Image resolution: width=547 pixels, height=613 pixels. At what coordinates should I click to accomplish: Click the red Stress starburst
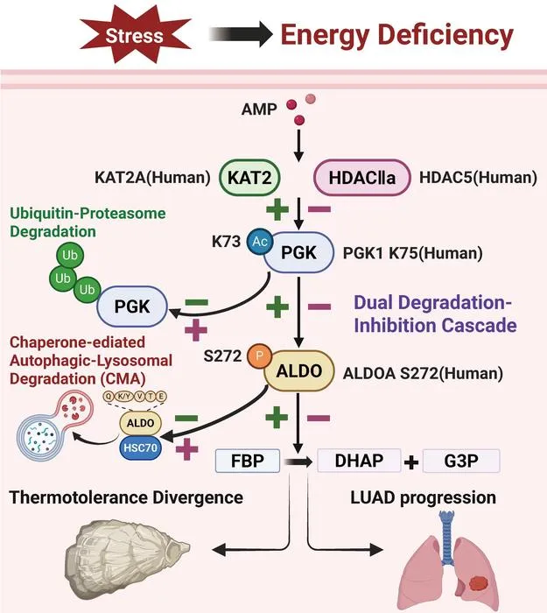pos(135,35)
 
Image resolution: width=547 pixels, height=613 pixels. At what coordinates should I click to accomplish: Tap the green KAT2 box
pos(249,178)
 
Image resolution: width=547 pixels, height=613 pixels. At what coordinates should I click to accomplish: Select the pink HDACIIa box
pos(362,178)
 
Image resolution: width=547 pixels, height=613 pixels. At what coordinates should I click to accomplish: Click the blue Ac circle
pos(259,242)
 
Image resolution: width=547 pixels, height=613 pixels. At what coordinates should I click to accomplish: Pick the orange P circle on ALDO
pos(259,356)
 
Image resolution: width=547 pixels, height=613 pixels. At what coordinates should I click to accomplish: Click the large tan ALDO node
pos(299,371)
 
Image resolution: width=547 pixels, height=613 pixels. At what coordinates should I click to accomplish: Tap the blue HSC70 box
pos(140,447)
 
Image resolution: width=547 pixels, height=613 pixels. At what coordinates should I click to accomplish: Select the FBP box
pos(248,461)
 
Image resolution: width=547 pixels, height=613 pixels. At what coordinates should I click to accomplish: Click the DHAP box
pos(359,461)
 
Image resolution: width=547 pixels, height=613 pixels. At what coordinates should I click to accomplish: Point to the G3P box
pos(461,461)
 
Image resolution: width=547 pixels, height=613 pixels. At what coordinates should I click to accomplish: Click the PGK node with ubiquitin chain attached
pos(132,306)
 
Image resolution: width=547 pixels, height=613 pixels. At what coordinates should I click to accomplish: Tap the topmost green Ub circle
pos(70,256)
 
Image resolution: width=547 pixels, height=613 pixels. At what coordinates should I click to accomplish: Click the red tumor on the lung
pos(479,584)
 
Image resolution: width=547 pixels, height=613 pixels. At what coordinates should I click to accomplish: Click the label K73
pos(226,242)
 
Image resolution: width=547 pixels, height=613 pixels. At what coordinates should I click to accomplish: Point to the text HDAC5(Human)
pos(478,178)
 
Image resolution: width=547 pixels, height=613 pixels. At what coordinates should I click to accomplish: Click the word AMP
pos(259,109)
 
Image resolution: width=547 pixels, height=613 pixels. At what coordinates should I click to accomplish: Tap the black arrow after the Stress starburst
pos(241,34)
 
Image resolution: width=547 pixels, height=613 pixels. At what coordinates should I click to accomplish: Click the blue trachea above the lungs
pos(446,537)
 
